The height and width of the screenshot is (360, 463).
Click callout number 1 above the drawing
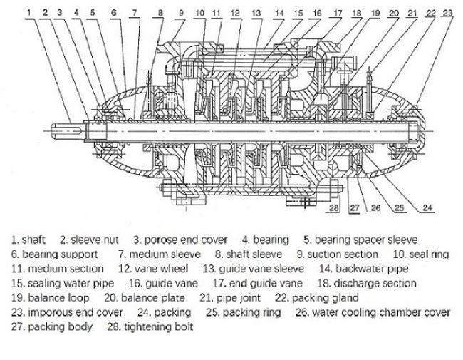[x=28, y=12]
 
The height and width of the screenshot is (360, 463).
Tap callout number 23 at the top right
[x=447, y=12]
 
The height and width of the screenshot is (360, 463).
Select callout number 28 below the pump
[x=333, y=209]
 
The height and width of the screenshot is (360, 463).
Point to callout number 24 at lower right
[x=427, y=208]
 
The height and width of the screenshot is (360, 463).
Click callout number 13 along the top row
[x=256, y=12]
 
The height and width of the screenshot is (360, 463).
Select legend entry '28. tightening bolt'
[x=147, y=327]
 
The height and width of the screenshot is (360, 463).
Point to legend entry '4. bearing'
[x=266, y=240]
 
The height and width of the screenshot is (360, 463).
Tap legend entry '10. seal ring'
[x=422, y=254]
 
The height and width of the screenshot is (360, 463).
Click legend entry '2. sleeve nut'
[x=89, y=240]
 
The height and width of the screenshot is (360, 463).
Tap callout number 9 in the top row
[x=182, y=12]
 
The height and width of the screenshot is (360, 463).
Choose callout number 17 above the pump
[x=337, y=12]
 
